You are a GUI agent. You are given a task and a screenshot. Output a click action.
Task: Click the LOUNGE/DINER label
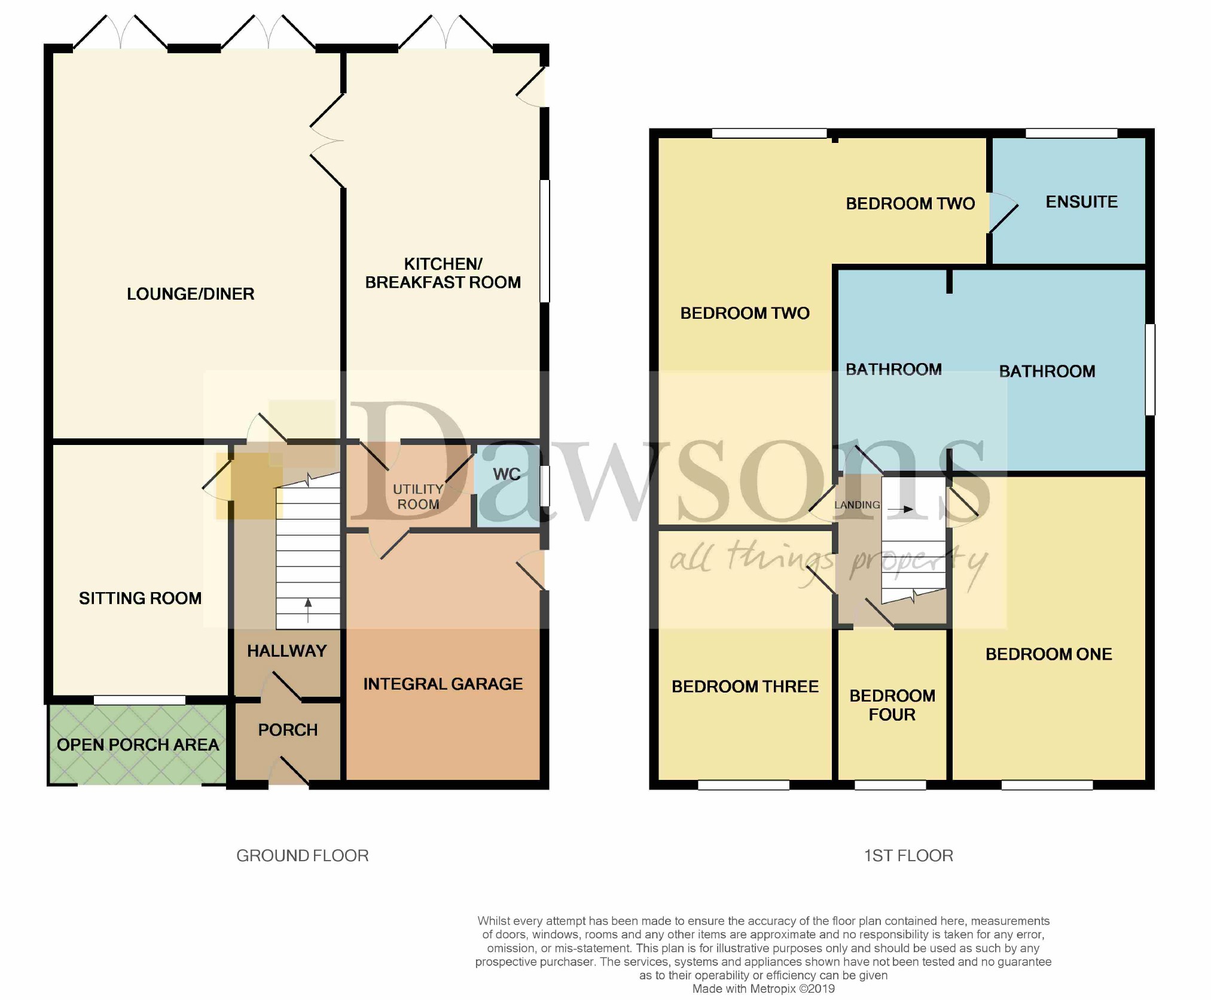[x=190, y=294]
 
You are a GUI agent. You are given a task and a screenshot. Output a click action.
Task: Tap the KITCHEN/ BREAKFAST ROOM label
[x=443, y=273]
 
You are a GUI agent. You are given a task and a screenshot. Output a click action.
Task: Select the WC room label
[x=506, y=474]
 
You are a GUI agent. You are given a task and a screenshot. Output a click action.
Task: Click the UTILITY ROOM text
[x=418, y=497]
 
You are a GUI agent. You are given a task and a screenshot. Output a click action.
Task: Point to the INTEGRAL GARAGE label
[x=443, y=684]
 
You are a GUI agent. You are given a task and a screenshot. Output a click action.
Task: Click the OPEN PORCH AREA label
[x=138, y=745]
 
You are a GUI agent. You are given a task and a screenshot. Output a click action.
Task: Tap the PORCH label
[x=288, y=730]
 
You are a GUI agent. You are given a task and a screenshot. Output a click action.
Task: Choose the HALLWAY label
[x=287, y=651]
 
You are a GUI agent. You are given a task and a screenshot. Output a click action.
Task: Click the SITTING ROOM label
[x=140, y=598]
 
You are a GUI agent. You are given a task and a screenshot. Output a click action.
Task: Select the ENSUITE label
[x=1081, y=202]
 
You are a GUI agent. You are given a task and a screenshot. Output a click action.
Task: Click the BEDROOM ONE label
[x=1048, y=654]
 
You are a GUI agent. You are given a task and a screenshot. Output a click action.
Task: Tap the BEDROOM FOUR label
[x=892, y=705]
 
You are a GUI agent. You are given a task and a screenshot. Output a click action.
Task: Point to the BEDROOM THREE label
[x=745, y=687]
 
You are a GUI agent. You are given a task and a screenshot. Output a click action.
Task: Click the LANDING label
[x=857, y=505]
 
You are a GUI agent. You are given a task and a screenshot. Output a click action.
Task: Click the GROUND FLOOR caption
[x=302, y=856]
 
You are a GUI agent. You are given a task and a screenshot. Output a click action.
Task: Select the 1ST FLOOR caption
[x=908, y=856]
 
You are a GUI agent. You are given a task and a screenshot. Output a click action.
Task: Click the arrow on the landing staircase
[x=901, y=510]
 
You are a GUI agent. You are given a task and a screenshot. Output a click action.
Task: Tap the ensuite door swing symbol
[x=1003, y=212]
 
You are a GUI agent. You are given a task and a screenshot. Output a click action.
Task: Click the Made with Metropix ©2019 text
[x=763, y=989]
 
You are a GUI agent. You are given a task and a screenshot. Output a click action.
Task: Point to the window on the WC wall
[x=545, y=486]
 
